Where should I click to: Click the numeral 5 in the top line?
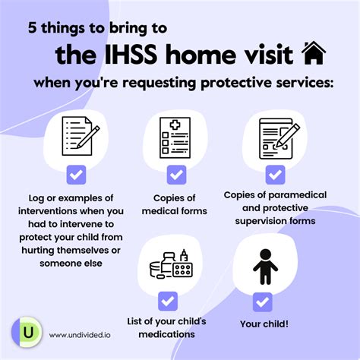point(33,27)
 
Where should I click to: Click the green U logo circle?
point(27,333)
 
